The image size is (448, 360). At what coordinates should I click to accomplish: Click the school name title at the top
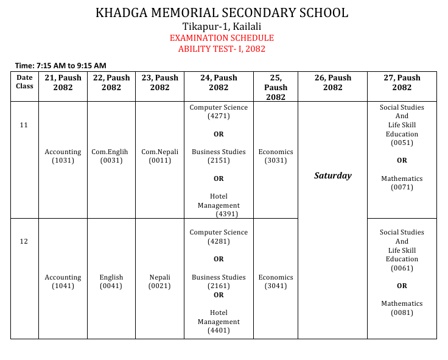pos(222,13)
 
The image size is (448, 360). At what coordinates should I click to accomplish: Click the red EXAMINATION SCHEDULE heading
pos(222,38)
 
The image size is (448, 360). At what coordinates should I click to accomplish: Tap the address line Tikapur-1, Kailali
pos(222,26)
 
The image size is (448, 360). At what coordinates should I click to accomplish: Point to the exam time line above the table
pos(61,65)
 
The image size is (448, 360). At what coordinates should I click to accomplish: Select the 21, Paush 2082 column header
pos(63,82)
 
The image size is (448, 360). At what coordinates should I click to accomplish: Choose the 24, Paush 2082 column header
pos(219,82)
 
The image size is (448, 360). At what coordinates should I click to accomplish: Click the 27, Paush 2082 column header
pos(402,82)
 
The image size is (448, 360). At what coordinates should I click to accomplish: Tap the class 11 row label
pos(24,125)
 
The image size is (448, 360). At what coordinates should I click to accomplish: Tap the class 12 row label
pos(24,241)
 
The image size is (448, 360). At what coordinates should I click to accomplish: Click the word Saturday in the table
pos(332,175)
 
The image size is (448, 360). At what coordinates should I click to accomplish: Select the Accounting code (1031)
pos(63,161)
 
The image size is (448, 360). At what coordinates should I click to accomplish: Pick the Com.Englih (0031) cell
pos(111,157)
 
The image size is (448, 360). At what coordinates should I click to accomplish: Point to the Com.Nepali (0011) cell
pos(159,157)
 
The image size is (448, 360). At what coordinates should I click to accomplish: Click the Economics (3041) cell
pos(276,281)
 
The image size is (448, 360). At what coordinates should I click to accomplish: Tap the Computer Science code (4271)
pos(219,116)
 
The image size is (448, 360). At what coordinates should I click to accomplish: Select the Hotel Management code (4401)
pos(219,331)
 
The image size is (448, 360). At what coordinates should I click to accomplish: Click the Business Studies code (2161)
pos(219,286)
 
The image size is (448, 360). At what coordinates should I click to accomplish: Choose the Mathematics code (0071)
pos(402,188)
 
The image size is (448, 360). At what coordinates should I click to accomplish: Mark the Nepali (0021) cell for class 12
pos(159,281)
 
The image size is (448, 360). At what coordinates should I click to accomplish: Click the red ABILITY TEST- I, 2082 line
pos(222,49)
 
